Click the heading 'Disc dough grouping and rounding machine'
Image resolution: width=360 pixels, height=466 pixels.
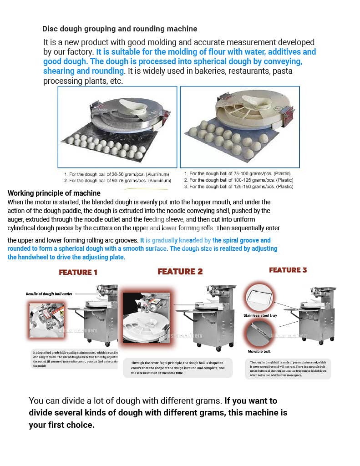[120, 29]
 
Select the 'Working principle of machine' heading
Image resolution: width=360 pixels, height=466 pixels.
[54, 193]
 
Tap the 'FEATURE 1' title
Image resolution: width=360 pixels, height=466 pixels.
[78, 272]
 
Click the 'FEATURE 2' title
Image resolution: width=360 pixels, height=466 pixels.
[180, 272]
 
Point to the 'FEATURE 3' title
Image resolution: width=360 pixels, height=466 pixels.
[288, 270]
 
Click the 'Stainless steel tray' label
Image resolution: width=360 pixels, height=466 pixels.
[260, 315]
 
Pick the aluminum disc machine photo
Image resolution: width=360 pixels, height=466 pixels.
[117, 127]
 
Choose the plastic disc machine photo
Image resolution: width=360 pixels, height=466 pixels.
[240, 127]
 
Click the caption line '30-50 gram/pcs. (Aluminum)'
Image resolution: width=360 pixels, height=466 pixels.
[117, 174]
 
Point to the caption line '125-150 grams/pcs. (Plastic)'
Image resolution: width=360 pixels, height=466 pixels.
[238, 187]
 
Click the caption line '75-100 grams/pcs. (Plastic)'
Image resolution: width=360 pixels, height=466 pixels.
[237, 173]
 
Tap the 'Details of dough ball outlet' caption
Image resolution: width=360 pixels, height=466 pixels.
[49, 294]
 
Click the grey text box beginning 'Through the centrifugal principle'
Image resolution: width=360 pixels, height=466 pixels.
[177, 368]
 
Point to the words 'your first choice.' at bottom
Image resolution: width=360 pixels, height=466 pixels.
[61, 425]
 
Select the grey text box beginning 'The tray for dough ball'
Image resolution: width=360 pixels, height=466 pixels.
[288, 369]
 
